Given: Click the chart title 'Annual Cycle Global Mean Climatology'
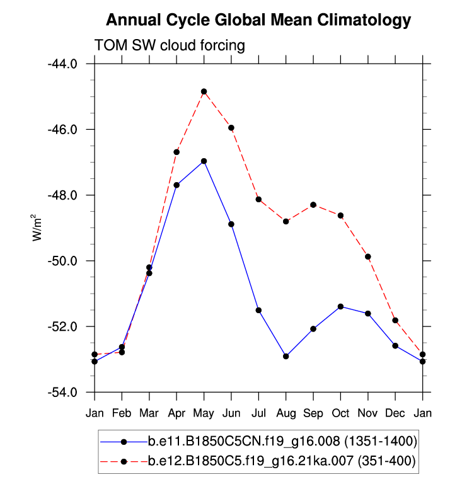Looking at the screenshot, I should tap(258, 20).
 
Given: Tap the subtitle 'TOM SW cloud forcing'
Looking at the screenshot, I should tap(169, 45).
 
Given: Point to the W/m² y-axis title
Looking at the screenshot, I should tap(37, 227).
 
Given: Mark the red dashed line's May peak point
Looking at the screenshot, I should tap(204, 91).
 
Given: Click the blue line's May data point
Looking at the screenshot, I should tap(204, 161).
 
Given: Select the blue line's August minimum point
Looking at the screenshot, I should tap(286, 356).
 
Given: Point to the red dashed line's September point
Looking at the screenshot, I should tap(313, 205).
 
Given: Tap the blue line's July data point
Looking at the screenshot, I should tap(258, 310).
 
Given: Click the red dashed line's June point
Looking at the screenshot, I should tap(231, 127).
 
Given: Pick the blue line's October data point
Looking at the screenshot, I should tap(341, 306).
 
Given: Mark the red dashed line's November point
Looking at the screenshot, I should tap(368, 256).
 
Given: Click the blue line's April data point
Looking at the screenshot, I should tap(176, 185).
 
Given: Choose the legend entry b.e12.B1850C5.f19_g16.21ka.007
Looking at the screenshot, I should tap(281, 461).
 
